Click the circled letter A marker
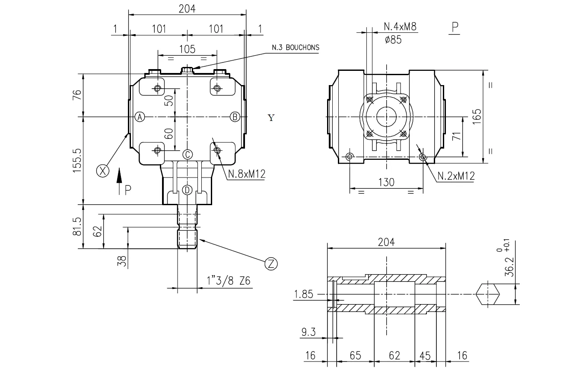point(140,117)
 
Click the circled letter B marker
point(235,117)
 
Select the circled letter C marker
point(187,154)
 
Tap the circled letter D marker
point(187,190)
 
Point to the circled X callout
point(102,171)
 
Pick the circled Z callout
point(271,263)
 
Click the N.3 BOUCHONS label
point(296,48)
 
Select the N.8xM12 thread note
point(246,174)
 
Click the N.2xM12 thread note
point(456,176)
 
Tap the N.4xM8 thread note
point(400,27)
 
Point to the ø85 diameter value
point(393,40)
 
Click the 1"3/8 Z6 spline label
point(229,281)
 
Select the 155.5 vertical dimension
point(77,160)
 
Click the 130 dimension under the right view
point(386,182)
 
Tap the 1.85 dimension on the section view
point(305,294)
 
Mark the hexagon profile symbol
point(488,294)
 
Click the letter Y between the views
point(271,118)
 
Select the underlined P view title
point(455,28)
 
